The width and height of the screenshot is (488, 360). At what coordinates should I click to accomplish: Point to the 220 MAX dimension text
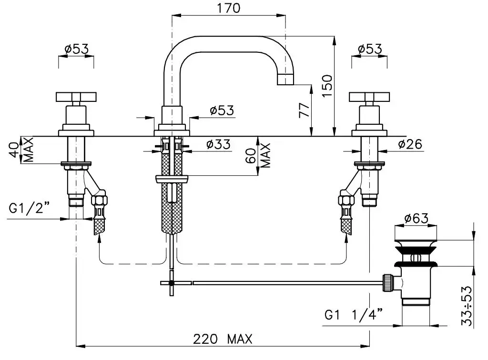(223, 339)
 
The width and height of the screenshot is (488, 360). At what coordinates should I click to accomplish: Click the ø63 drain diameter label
(416, 218)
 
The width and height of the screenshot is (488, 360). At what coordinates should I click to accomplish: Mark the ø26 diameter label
(410, 144)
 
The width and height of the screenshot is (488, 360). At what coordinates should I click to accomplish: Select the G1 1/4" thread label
(354, 315)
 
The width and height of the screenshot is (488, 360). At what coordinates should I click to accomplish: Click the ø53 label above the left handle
(76, 49)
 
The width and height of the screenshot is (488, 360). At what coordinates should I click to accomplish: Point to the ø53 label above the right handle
(369, 49)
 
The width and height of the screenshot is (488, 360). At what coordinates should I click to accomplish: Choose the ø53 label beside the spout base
(222, 110)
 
